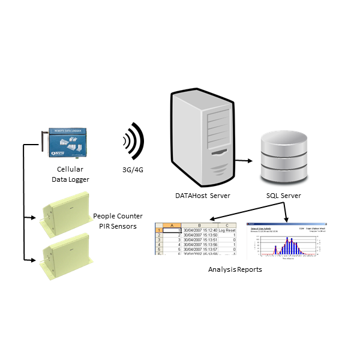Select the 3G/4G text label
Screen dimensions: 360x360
133,169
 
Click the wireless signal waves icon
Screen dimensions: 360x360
133,143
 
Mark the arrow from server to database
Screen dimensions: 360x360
243,161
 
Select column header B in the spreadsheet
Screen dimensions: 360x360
198,224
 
